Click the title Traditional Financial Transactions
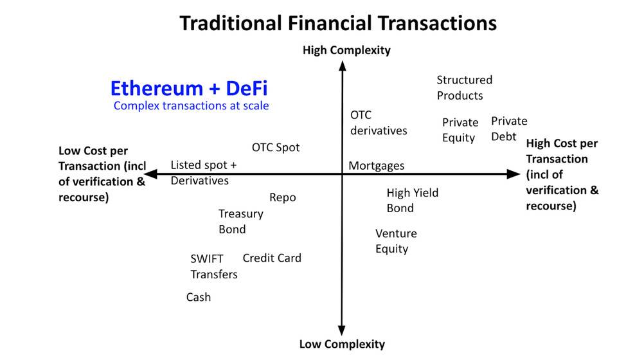pos(337,23)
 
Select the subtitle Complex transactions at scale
pos(191,105)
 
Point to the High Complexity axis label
pos(346,50)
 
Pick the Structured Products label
pos(464,87)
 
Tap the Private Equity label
pos(460,130)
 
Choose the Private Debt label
pos(509,129)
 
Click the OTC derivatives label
pos(378,123)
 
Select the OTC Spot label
pos(276,147)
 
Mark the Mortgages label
pos(377,166)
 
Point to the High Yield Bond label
pos(412,200)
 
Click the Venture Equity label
pos(396,241)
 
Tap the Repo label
pos(283,197)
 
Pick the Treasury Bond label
pos(240,221)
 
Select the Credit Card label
pos(272,258)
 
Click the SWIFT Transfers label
pos(213,266)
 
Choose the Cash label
pos(199,297)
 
